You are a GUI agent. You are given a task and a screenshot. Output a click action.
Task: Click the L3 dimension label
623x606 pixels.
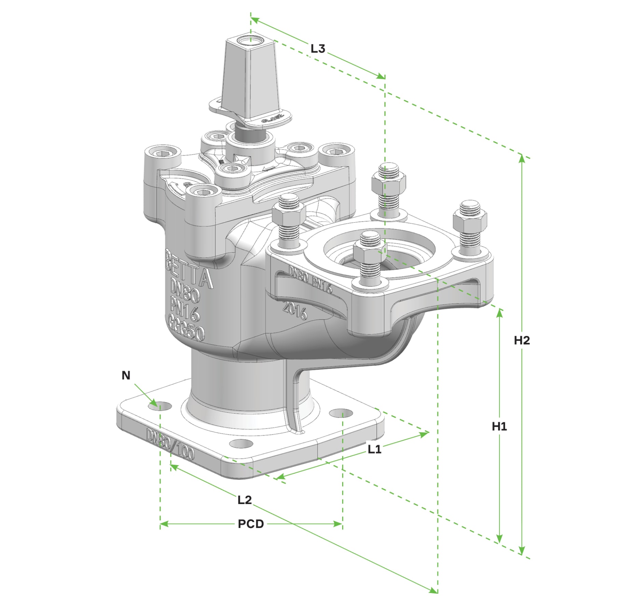click(x=317, y=49)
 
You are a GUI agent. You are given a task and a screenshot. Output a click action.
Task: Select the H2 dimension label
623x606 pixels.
click(x=522, y=340)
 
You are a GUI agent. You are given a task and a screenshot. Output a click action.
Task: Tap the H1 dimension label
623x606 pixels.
click(x=499, y=426)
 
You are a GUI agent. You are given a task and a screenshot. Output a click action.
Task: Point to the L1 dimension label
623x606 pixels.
click(x=374, y=449)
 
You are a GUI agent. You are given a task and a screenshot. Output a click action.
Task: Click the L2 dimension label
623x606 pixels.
click(x=244, y=500)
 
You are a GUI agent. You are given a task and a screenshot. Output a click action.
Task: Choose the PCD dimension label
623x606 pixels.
click(x=251, y=524)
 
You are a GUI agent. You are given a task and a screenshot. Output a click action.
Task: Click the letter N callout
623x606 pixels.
click(x=126, y=376)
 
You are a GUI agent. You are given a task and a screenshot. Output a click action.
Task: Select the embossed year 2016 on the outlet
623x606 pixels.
click(x=294, y=311)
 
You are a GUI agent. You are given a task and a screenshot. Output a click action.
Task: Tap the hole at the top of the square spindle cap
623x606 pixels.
click(x=250, y=40)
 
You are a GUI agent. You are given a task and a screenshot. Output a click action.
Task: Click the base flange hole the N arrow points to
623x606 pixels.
click(x=160, y=406)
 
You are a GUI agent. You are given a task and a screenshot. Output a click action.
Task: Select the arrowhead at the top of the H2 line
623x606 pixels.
click(x=521, y=158)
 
